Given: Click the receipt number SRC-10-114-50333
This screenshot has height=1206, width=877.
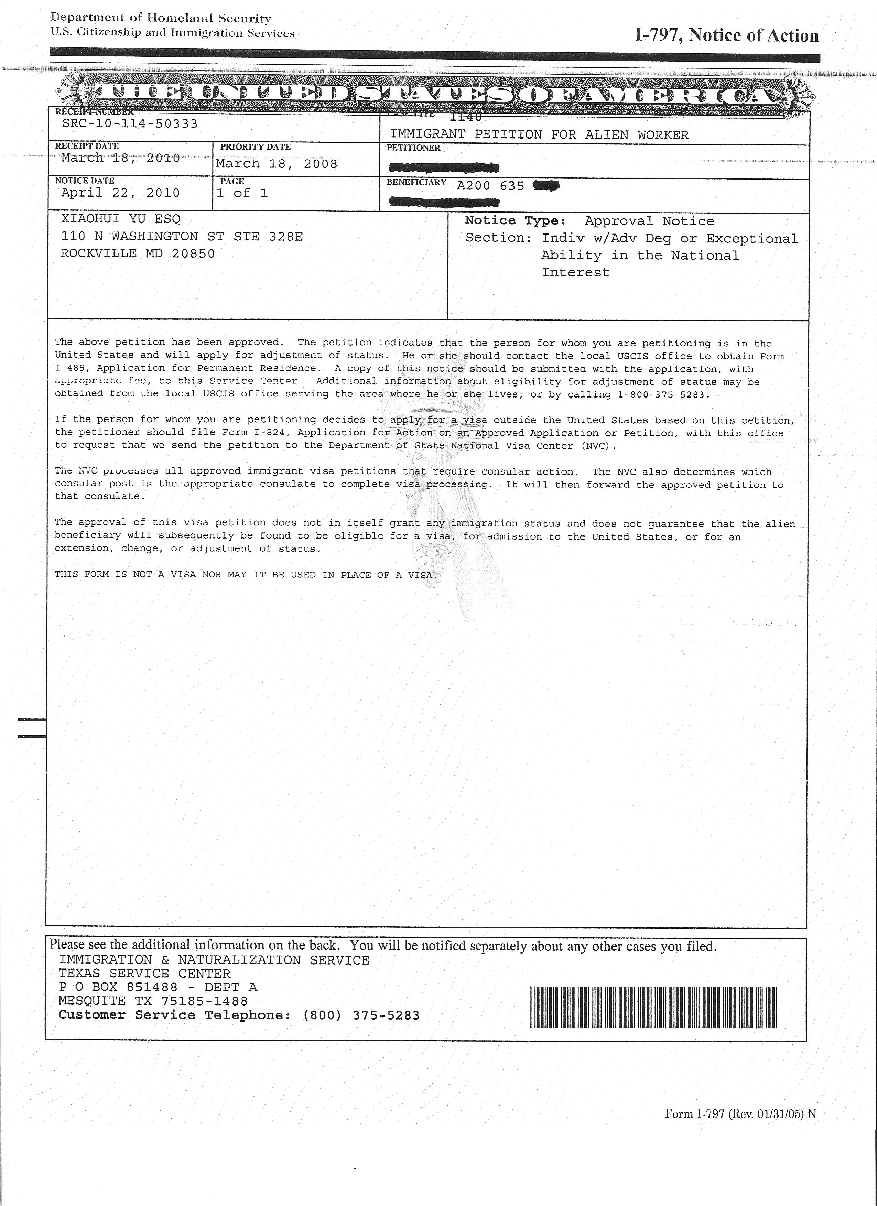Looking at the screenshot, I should (130, 124).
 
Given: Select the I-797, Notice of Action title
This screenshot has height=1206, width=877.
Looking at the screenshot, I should (726, 36).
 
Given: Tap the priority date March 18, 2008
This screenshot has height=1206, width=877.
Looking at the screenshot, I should (277, 164).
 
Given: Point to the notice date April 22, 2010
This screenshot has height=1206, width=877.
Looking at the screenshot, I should (121, 193).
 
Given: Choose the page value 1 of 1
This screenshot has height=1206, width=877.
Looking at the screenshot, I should (242, 193).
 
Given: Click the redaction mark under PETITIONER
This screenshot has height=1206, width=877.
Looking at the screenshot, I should (444, 169).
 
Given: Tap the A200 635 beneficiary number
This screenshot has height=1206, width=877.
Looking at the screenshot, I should (490, 186).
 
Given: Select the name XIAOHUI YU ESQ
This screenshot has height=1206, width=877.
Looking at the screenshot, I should (121, 219).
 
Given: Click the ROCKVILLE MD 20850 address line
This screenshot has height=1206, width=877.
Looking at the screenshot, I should (138, 254).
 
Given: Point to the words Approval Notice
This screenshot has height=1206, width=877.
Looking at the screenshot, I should (649, 221).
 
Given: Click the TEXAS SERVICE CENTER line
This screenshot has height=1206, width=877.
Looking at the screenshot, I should (145, 974).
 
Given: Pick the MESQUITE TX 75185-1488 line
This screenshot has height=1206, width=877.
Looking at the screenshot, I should (153, 1001).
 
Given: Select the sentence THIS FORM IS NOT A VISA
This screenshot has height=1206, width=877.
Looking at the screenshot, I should (246, 575).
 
